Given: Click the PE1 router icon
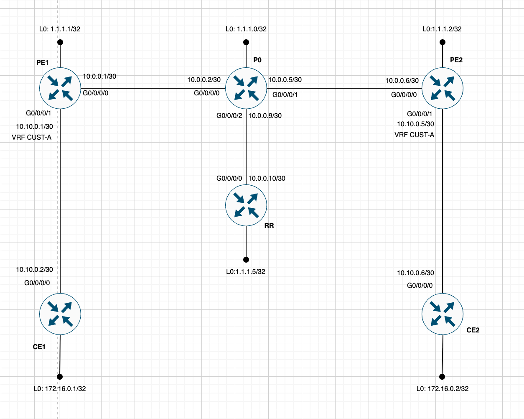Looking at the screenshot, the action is tap(60, 88).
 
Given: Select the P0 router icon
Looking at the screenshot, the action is tap(246, 88).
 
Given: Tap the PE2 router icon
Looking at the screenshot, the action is tap(443, 88).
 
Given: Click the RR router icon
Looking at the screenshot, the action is tap(246, 205).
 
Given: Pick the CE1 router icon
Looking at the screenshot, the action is tap(60, 314).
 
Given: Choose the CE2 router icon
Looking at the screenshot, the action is tap(443, 314).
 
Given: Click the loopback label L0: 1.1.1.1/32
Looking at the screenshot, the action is tap(60, 29).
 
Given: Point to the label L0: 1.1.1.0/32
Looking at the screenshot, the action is tap(246, 29).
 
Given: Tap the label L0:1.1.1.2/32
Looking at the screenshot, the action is tap(442, 29).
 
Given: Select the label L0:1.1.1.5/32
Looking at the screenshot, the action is tap(246, 271).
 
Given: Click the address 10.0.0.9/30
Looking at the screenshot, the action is tap(265, 115).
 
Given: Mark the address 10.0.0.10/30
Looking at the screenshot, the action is tap(267, 179).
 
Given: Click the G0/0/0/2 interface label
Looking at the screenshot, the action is tap(229, 115).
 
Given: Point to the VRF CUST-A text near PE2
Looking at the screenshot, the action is tap(414, 135).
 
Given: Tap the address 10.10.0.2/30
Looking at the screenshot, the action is tap(34, 270).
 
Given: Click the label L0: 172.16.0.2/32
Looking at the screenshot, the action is tap(443, 388).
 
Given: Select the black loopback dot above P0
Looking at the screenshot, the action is tap(246, 42).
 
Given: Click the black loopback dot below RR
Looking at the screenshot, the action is tap(246, 260).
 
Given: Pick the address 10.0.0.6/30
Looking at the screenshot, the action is tap(402, 80).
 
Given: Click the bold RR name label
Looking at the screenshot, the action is tap(269, 225).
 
